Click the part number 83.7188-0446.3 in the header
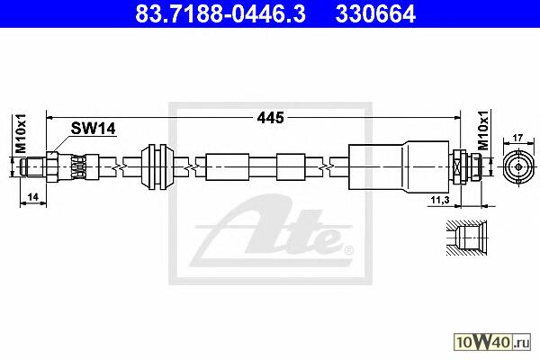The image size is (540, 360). [220, 13]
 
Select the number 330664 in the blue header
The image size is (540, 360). [375, 13]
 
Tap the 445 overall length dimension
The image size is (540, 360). [270, 118]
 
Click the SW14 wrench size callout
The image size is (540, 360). [93, 129]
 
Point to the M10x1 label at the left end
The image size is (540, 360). [21, 133]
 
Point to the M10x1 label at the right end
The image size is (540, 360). [484, 130]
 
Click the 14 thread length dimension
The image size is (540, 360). [32, 197]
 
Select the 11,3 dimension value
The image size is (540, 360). [440, 200]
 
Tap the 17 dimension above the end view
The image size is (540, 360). [517, 138]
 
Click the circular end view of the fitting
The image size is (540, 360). [518, 167]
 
